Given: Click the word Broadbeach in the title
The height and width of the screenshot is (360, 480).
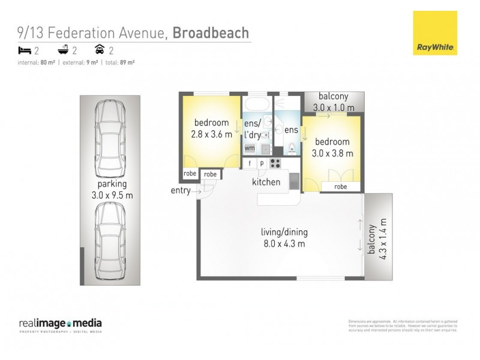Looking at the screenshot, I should pyautogui.click(x=211, y=32).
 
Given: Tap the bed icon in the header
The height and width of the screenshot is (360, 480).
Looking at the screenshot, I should pyautogui.click(x=24, y=50).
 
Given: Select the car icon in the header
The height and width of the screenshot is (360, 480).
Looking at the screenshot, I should pyautogui.click(x=100, y=50).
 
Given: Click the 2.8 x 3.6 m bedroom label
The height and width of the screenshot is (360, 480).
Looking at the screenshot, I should pyautogui.click(x=211, y=129).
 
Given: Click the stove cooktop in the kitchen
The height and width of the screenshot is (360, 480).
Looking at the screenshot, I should pyautogui.click(x=275, y=163).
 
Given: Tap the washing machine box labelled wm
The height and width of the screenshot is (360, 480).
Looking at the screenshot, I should pyautogui.click(x=249, y=148).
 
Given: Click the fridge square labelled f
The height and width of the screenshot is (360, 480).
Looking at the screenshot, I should pyautogui.click(x=250, y=163).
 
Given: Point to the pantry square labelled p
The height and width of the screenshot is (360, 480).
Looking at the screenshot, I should pyautogui.click(x=262, y=163).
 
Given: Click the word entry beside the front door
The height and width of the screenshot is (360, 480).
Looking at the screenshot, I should pyautogui.click(x=181, y=191).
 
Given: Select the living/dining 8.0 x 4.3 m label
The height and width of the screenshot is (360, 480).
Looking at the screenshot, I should pyautogui.click(x=283, y=238).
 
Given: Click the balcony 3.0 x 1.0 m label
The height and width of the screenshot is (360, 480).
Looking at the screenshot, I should pyautogui.click(x=334, y=102).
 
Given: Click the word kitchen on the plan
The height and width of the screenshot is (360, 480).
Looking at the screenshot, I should pyautogui.click(x=266, y=181).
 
